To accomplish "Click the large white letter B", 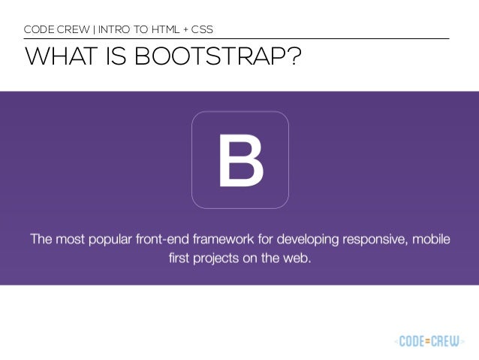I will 240,160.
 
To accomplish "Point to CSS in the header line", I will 201,30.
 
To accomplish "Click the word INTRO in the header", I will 109,30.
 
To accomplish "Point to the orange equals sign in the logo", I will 430,341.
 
